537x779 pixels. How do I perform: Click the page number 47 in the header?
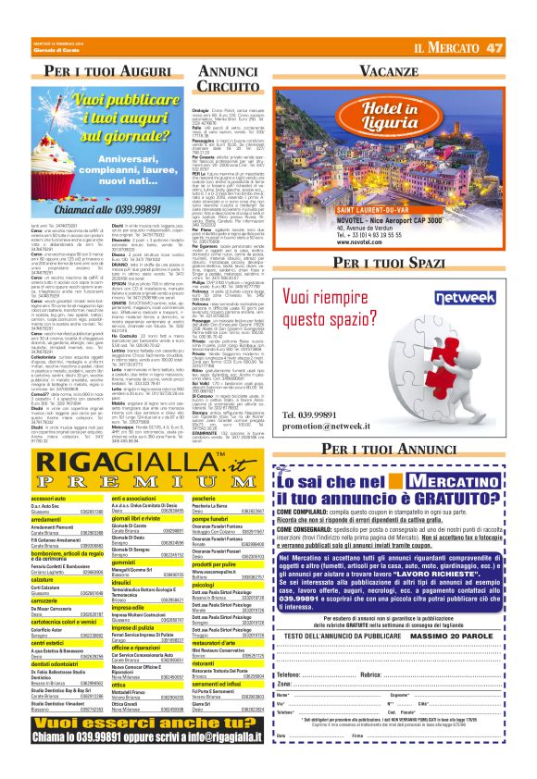pyautogui.click(x=519, y=47)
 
